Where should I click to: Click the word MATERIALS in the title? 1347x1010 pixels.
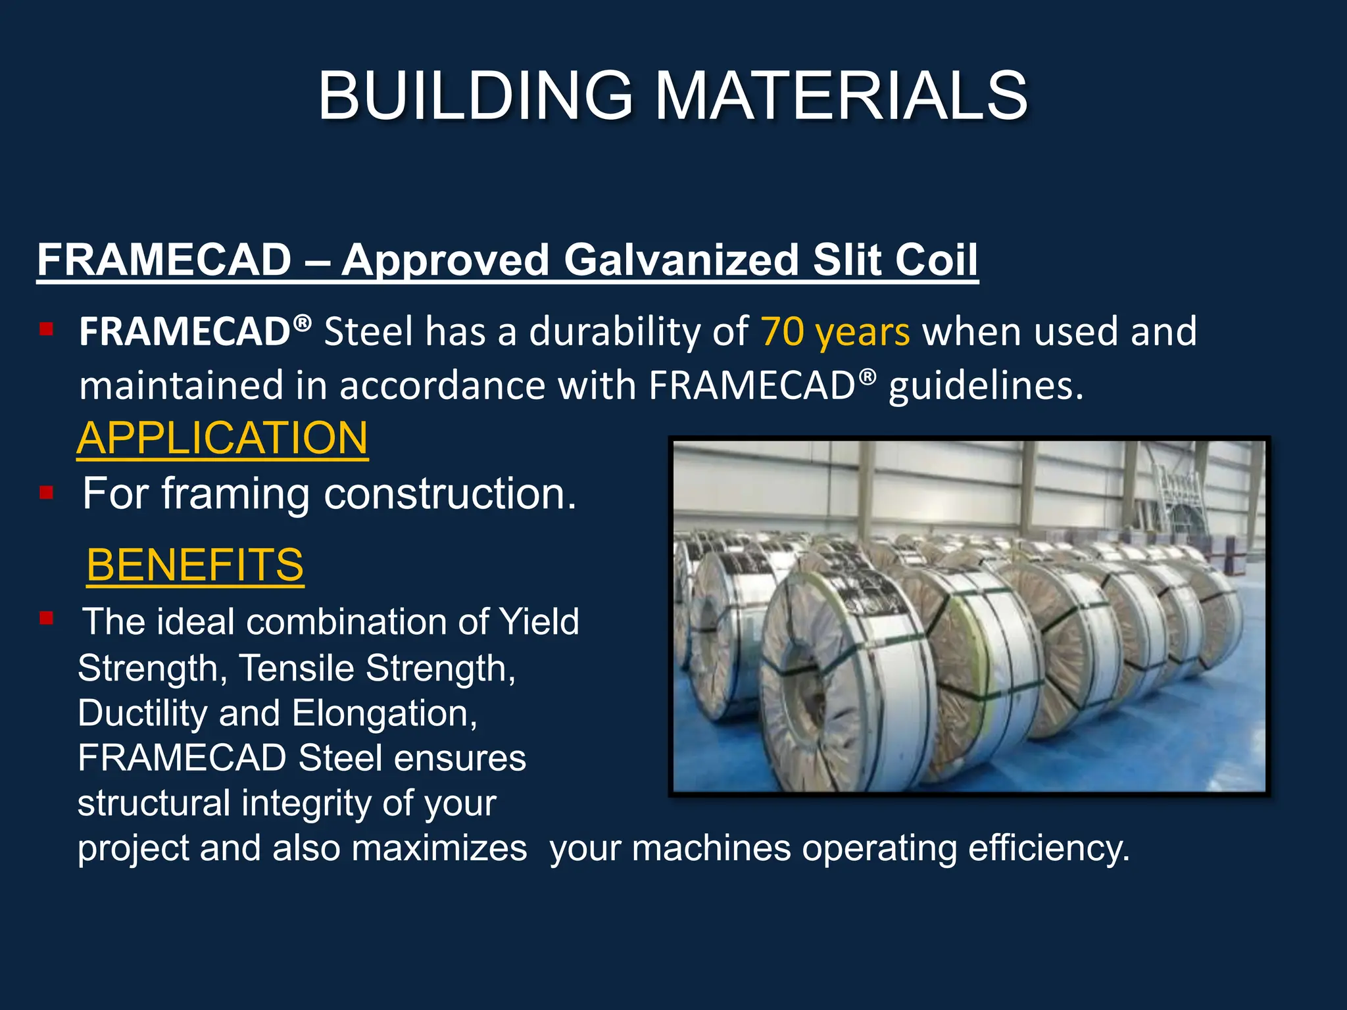841,97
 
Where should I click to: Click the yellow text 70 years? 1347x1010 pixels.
835,331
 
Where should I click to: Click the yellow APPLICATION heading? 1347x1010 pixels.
222,439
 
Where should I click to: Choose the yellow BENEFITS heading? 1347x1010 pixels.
195,565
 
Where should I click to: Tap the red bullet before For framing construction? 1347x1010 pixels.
46,493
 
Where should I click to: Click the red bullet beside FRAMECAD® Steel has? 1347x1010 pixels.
46,329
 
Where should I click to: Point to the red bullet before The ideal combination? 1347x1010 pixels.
46,618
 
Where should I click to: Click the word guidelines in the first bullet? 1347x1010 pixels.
985,386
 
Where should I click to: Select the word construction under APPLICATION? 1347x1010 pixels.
450,494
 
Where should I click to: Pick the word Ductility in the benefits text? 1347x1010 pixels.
142,713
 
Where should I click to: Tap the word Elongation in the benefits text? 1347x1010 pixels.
384,713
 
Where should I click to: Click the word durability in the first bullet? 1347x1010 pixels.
639,331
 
